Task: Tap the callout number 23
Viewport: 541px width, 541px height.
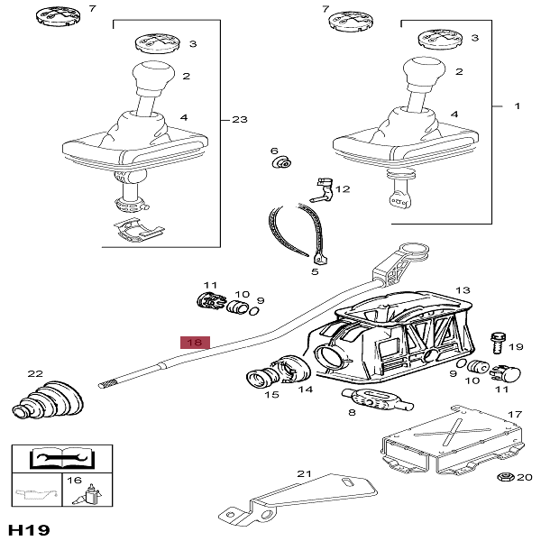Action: click(x=239, y=119)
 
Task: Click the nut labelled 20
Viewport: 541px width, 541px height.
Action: click(x=503, y=477)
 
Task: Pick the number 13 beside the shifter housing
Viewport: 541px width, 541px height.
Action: click(x=463, y=290)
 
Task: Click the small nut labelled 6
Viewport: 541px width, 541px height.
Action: click(x=282, y=163)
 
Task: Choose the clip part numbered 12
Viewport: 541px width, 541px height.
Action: click(x=319, y=188)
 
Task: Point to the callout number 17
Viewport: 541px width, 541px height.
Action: click(x=515, y=415)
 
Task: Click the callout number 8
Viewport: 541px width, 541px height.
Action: click(x=353, y=414)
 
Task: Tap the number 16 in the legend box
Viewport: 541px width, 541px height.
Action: click(x=75, y=481)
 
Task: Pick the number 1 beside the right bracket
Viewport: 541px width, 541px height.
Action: click(x=518, y=106)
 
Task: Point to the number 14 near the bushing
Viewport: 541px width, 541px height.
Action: click(x=306, y=390)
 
